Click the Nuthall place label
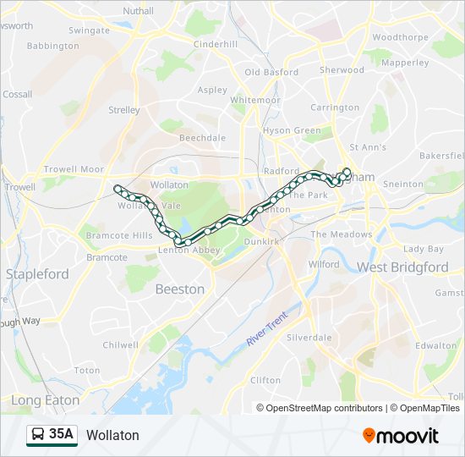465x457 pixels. [138, 11]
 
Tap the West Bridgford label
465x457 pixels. [402, 267]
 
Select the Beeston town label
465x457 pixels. [179, 289]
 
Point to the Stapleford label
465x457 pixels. [37, 274]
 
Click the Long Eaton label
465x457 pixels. [46, 400]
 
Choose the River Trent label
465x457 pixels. [268, 328]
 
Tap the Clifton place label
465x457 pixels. [265, 381]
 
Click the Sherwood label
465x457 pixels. [341, 70]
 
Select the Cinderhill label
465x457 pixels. [216, 44]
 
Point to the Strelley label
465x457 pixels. [124, 110]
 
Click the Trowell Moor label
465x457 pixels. [74, 169]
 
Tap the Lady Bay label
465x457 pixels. [423, 249]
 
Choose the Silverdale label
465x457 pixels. [309, 337]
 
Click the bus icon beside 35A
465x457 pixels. [37, 435]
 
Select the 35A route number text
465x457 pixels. [62, 434]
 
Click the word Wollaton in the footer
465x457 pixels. [112, 435]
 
